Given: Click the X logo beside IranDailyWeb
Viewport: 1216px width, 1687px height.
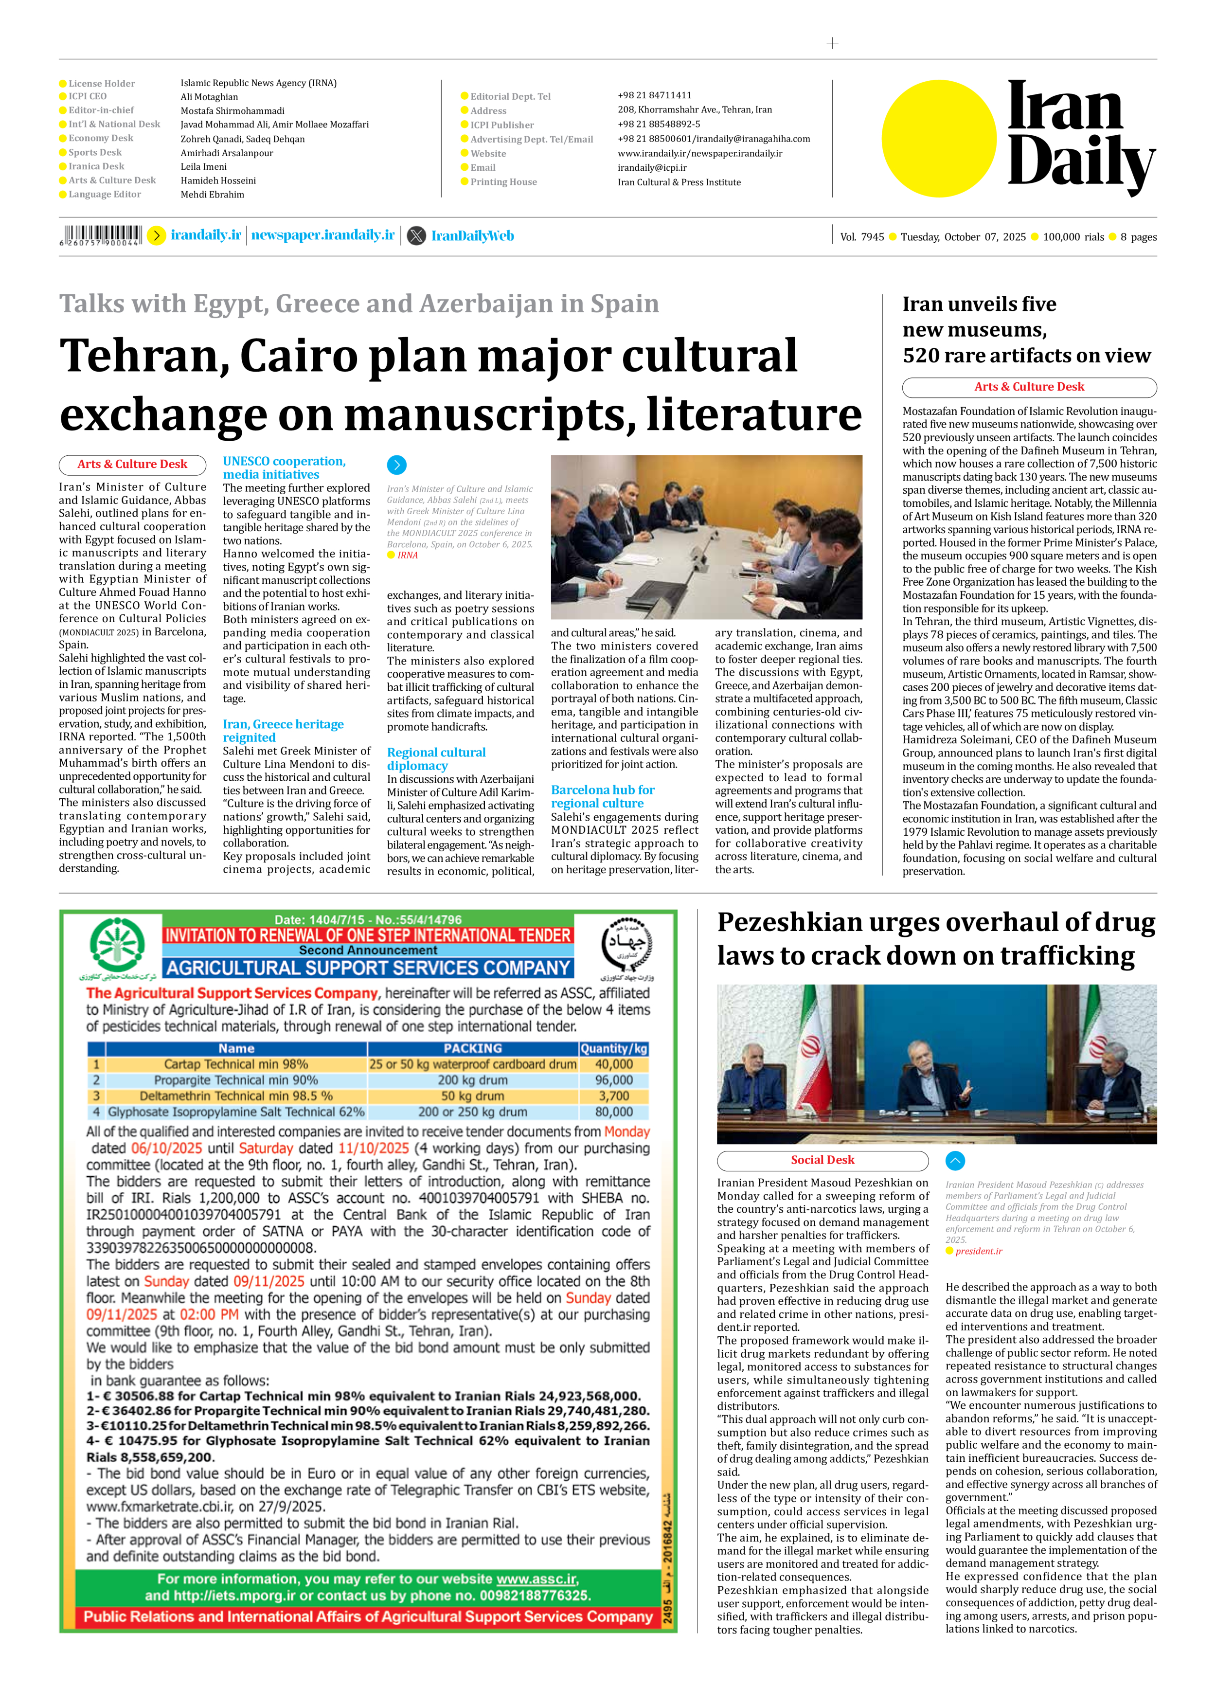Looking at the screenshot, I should pos(416,236).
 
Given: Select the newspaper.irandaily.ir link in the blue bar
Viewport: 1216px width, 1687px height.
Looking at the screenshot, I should pos(323,235).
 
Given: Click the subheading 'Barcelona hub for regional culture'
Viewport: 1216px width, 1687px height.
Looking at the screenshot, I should pos(603,796).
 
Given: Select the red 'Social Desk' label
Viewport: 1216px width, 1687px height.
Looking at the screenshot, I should pos(822,1160).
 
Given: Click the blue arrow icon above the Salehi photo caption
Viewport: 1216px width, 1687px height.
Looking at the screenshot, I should pos(396,465).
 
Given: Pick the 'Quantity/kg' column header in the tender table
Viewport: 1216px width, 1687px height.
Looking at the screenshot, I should pos(613,1048).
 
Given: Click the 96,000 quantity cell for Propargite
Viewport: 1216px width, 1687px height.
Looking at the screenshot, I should pos(613,1080).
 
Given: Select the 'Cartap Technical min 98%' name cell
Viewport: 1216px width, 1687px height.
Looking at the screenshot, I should pos(236,1064).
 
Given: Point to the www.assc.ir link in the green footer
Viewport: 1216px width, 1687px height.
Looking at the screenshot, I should pos(537,1579).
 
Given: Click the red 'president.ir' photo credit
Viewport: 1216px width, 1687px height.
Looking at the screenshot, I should pos(979,1251).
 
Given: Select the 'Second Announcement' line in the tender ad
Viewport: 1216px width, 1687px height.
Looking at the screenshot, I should pos(367,950).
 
